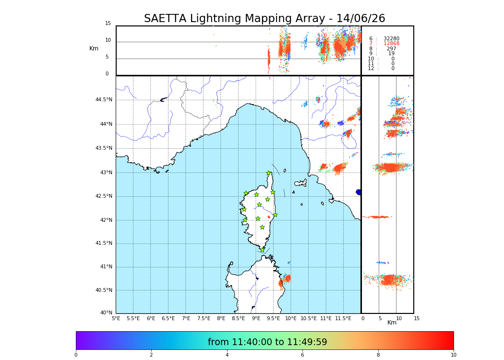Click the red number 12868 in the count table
[x=391, y=44]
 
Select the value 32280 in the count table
[x=391, y=39]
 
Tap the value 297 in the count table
[x=391, y=49]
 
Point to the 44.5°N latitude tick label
[x=104, y=100]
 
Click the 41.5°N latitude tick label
[x=104, y=243]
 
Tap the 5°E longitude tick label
[x=116, y=318]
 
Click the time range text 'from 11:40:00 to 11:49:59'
[x=267, y=342]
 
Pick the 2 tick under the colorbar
[x=151, y=355]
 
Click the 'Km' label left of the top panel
[x=94, y=48]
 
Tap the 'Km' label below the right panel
[x=392, y=323]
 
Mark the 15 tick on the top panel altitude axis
[x=108, y=24]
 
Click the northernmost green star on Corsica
[x=269, y=173]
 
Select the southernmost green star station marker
[x=263, y=250]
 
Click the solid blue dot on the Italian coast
[x=359, y=192]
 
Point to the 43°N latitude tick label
[x=105, y=173]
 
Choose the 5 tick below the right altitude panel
[x=379, y=318]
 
